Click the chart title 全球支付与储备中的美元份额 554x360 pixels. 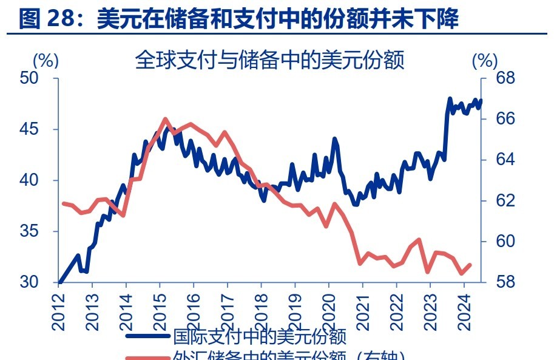pyautogui.click(x=269, y=60)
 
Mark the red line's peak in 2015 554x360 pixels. pyautogui.click(x=166, y=119)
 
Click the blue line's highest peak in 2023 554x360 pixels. pyautogui.click(x=450, y=98)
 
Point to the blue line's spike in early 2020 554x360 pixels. pyautogui.click(x=334, y=139)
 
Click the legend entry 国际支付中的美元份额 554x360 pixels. pyautogui.click(x=260, y=336)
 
